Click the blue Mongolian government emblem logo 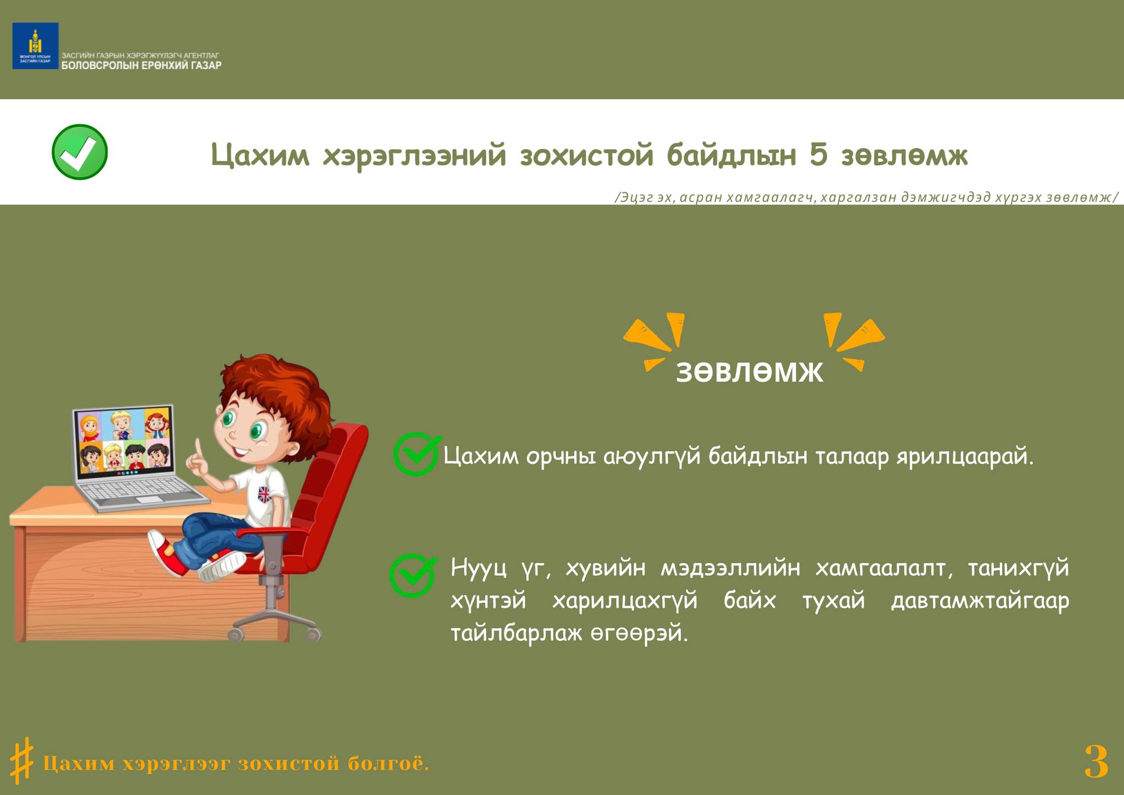35,46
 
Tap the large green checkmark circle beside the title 80,152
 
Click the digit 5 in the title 818,155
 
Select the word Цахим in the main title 260,155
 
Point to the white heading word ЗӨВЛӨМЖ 750,372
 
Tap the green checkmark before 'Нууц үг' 413,575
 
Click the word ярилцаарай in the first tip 965,457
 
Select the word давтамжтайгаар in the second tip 980,601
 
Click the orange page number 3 1096,762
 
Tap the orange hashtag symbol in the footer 22,760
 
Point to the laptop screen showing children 125,442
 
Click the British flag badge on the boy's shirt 264,495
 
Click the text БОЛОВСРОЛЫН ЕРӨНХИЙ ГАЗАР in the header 142,65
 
